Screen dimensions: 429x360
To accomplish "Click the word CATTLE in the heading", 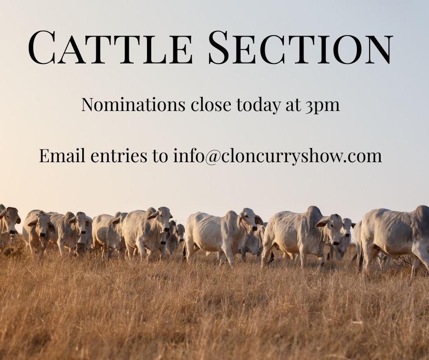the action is tap(110, 47).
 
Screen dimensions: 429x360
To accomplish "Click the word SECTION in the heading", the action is tap(301, 47).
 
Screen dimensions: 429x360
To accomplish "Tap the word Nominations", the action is tap(133, 104).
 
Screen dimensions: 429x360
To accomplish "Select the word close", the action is tap(211, 104).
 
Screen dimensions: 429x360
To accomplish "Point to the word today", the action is tap(259, 105).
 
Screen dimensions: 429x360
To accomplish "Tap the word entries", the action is tap(119, 156).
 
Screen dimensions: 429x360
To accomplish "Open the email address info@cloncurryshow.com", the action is tap(277, 156).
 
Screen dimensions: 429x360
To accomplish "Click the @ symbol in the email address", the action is tap(211, 156).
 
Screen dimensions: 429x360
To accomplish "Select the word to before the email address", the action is tap(160, 156).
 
